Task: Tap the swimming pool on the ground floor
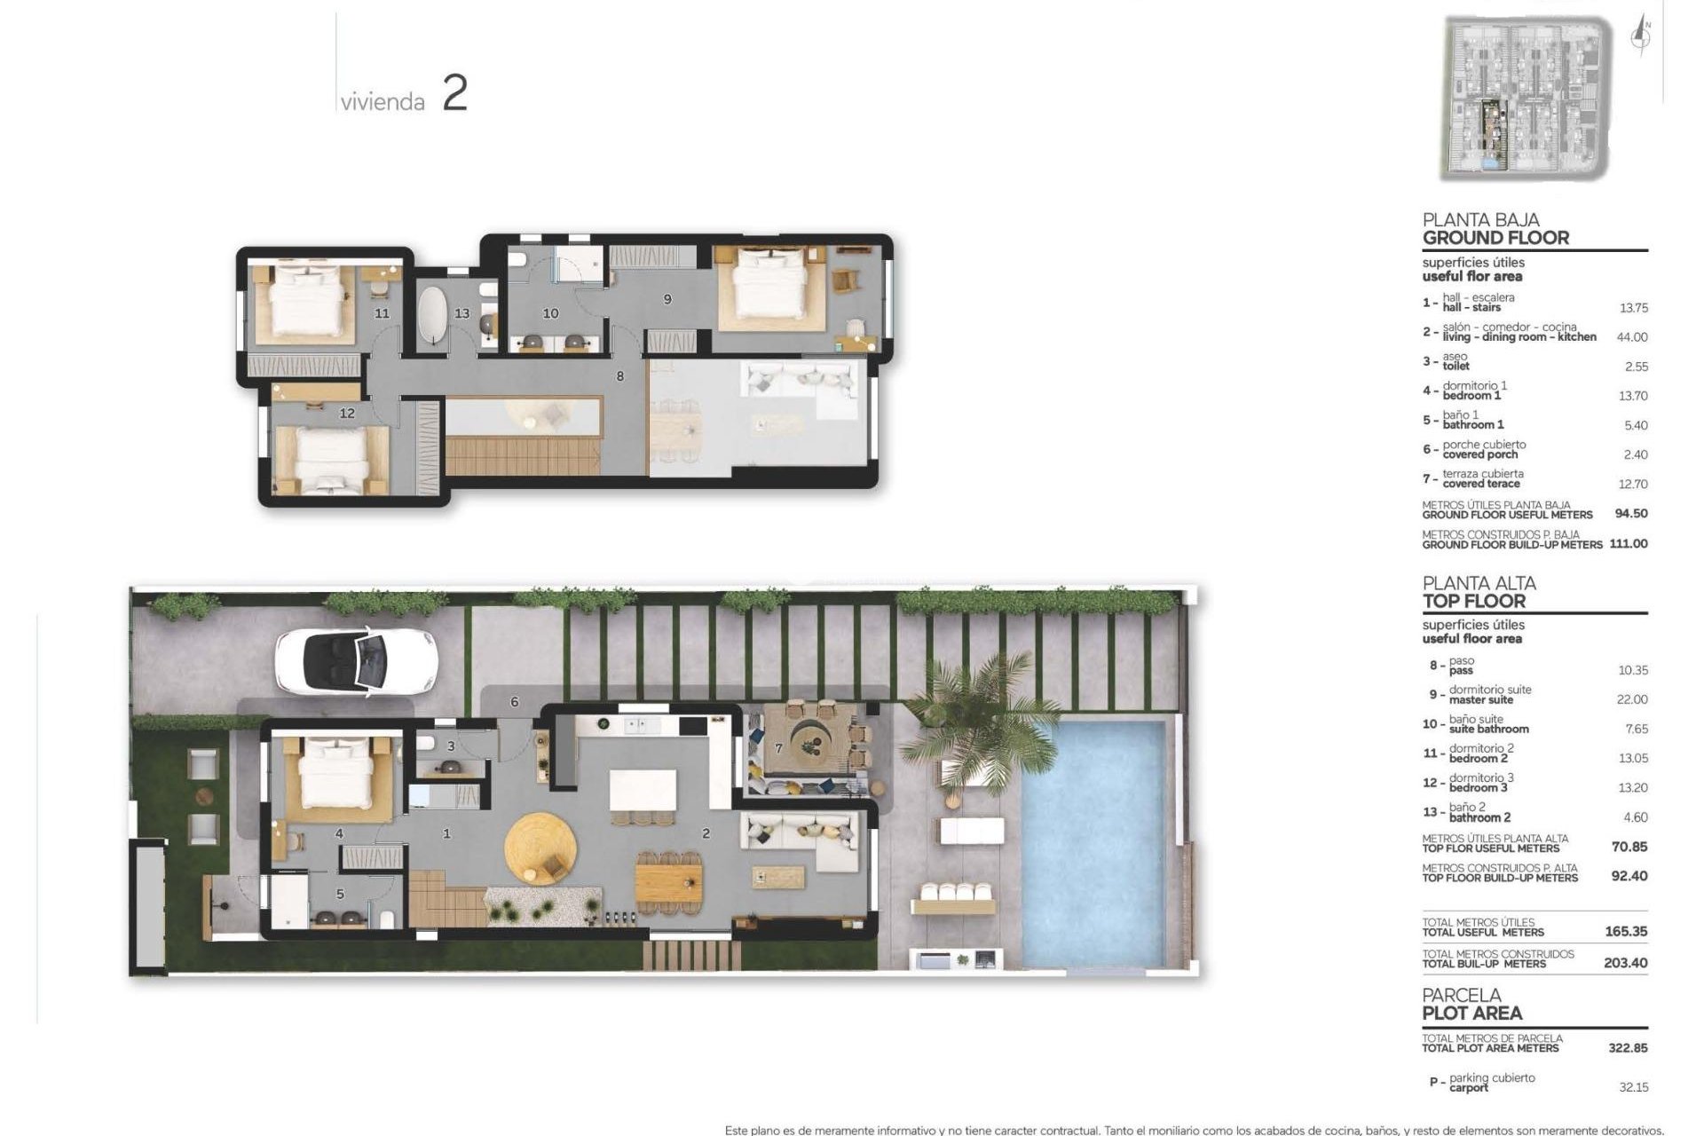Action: tap(1093, 843)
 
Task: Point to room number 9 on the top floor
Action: tap(667, 300)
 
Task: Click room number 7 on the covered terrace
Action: tap(779, 748)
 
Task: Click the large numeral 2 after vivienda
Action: tap(454, 94)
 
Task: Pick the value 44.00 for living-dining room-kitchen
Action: tap(1632, 337)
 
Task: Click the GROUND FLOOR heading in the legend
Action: tap(1495, 238)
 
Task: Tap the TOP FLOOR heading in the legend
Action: tap(1473, 601)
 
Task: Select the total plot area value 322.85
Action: tap(1628, 1048)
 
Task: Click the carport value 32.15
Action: tap(1632, 1087)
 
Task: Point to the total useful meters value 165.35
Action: tap(1626, 932)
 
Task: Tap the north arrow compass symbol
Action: tap(1642, 37)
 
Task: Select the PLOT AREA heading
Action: tap(1471, 1014)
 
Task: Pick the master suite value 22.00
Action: tap(1632, 699)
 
